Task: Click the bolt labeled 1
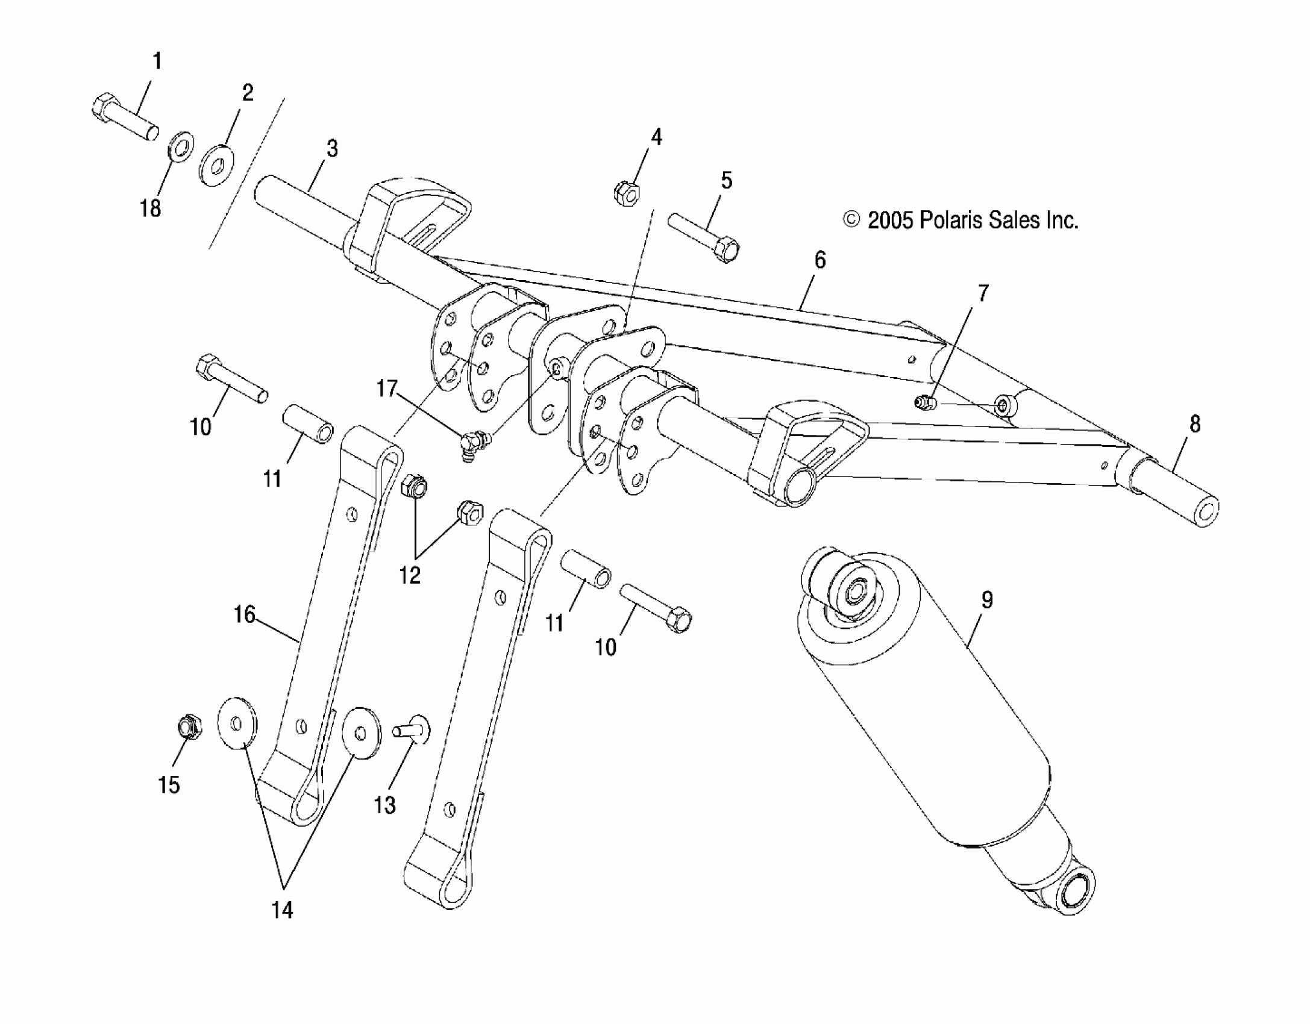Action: [124, 117]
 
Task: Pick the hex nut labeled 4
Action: [626, 194]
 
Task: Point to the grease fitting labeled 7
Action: [924, 402]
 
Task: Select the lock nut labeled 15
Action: [190, 727]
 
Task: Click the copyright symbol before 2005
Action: [851, 220]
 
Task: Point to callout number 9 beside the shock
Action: [986, 601]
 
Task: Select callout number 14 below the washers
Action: [282, 910]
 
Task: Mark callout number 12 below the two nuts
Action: [410, 576]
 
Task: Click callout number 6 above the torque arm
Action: [820, 260]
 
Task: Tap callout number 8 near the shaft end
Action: [1195, 425]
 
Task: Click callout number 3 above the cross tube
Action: [332, 149]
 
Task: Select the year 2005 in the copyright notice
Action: [891, 221]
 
